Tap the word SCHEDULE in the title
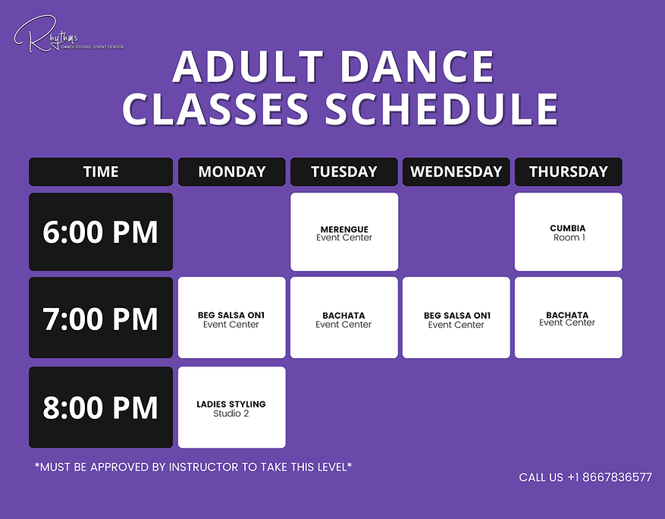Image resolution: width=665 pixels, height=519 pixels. [441, 109]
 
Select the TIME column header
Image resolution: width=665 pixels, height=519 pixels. [101, 171]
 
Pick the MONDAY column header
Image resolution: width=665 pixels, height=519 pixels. [231, 171]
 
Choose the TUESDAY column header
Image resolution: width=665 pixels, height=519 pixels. [343, 171]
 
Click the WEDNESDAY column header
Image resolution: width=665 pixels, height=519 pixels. [456, 171]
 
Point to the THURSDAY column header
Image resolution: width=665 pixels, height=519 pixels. [568, 171]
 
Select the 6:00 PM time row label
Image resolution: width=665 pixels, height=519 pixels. [101, 232]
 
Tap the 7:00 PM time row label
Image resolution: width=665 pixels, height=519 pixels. [101, 318]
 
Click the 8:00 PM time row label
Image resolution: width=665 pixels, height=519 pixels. [101, 407]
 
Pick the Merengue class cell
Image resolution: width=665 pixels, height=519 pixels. [343, 232]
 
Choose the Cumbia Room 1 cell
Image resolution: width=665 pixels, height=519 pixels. [568, 232]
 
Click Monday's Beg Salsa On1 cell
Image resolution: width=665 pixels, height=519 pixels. [231, 318]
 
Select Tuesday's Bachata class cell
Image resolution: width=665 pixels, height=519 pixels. [343, 318]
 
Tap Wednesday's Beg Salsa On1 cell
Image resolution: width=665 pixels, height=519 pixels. [456, 318]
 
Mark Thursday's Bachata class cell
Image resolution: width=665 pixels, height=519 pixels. [568, 318]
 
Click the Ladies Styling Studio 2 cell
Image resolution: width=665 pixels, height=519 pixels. [231, 407]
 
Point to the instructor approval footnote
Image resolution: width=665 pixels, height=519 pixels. [193, 467]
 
